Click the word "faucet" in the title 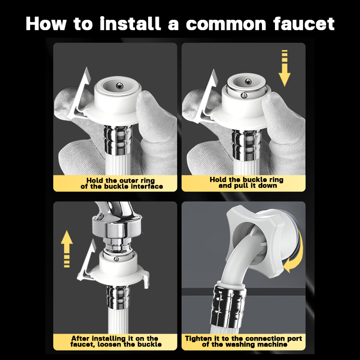(x=304, y=24)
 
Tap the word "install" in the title (x=130, y=23)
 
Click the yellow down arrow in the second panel (x=284, y=68)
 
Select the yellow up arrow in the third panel (x=67, y=249)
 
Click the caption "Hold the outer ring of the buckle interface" (x=121, y=183)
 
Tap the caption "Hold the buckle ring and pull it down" (x=246, y=183)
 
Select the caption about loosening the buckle (x=116, y=341)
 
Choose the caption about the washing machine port (x=243, y=341)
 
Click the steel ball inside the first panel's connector (x=119, y=85)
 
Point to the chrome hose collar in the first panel (x=118, y=140)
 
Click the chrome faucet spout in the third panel (x=115, y=220)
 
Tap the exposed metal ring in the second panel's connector (x=246, y=92)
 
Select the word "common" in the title (x=225, y=24)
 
